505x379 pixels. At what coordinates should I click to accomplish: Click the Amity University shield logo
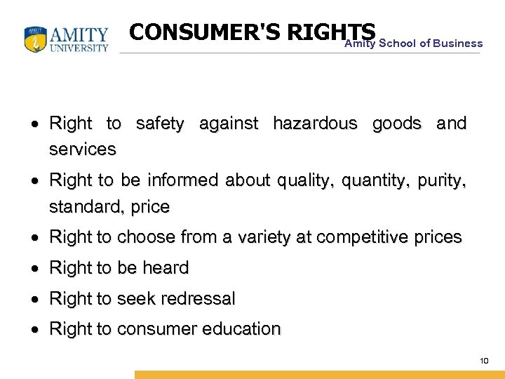35,40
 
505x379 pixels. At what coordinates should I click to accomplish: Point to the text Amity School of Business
413,44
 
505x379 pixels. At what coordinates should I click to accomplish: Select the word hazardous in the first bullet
315,124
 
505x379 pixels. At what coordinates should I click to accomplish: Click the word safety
160,124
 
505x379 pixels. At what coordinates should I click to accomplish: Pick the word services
83,149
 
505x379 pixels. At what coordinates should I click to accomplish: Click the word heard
166,267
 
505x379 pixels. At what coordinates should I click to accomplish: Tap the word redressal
198,298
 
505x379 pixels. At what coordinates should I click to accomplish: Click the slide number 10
483,361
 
